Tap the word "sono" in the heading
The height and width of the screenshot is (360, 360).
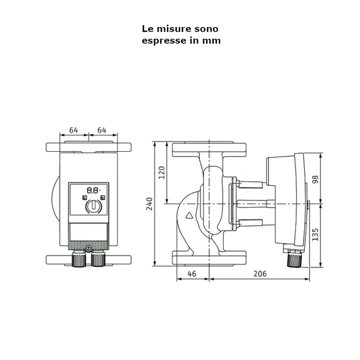[x=205, y=28]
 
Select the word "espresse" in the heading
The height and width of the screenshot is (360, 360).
[x=162, y=41]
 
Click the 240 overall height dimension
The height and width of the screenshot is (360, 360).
[x=149, y=204]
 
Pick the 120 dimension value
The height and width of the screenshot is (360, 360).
[x=161, y=173]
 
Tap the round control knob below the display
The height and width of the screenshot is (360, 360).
[x=93, y=206]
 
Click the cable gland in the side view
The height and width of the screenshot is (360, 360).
[x=293, y=259]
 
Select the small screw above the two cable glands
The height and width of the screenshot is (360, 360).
[x=88, y=248]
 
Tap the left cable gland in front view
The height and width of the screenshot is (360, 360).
[x=79, y=260]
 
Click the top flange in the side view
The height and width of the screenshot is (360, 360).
[x=211, y=149]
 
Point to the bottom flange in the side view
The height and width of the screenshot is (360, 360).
[x=211, y=258]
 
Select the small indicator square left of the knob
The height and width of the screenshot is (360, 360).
[x=85, y=197]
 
